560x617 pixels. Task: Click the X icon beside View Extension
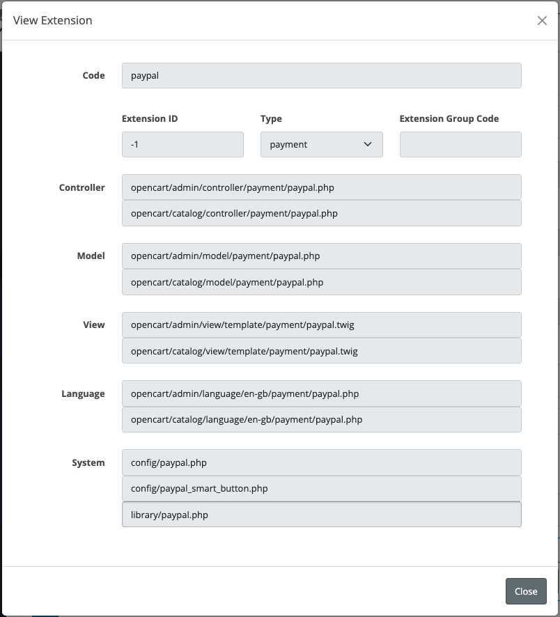tap(542, 21)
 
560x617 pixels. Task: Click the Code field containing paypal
tap(321, 76)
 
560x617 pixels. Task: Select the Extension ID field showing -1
tap(182, 145)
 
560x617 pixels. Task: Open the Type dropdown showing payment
tap(321, 145)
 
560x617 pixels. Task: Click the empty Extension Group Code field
tap(460, 145)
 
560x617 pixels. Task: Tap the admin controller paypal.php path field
tap(321, 187)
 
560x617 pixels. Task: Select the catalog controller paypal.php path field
tap(321, 214)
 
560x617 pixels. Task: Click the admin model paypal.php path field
tap(321, 256)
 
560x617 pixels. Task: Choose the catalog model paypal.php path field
tap(321, 283)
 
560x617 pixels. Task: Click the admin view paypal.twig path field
tap(321, 325)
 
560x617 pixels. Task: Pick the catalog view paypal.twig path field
tap(321, 352)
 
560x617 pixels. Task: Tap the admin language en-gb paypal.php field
tap(321, 394)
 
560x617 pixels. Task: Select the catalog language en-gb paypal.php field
tap(321, 420)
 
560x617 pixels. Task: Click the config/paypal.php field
tap(321, 462)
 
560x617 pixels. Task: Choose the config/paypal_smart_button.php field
tap(321, 489)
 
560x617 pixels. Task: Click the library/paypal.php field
tap(321, 515)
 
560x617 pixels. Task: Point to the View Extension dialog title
tap(53, 21)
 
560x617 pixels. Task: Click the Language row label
tap(83, 394)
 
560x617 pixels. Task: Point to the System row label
tap(88, 463)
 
